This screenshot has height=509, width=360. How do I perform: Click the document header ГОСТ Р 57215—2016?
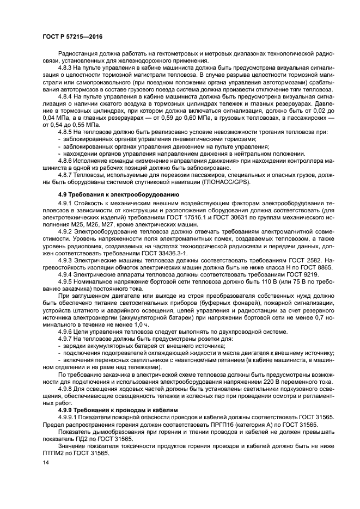tap(72, 37)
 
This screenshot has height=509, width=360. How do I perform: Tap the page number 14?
tap(45, 462)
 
